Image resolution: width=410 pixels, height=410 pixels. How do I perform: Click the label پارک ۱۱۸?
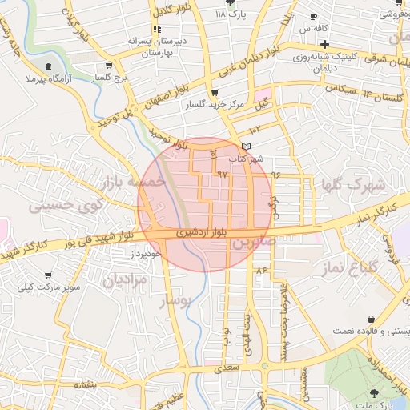(x=237, y=14)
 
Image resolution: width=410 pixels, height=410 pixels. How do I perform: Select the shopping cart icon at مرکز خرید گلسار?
(x=213, y=94)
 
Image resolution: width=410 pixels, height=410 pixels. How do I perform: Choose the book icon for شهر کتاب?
(x=246, y=146)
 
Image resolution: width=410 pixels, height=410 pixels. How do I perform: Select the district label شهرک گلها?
(x=353, y=184)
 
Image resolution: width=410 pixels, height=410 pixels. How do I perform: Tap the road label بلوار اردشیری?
(x=201, y=232)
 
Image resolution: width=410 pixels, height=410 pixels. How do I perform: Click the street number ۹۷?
(x=222, y=172)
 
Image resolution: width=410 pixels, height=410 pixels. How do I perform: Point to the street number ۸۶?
(x=260, y=270)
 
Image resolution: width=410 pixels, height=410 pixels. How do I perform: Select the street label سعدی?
(x=227, y=369)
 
